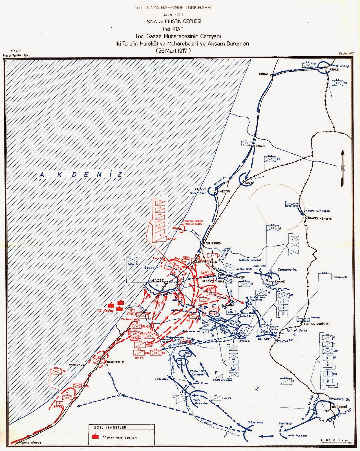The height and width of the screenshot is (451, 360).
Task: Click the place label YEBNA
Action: pyautogui.click(x=263, y=74)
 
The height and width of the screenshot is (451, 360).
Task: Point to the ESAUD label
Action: pyautogui.click(x=261, y=146)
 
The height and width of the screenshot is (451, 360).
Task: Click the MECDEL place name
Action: pyautogui.click(x=225, y=191)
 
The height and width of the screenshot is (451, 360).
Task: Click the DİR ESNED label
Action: pyautogui.click(x=213, y=243)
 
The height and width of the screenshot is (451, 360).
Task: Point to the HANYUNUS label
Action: pyautogui.click(x=76, y=365)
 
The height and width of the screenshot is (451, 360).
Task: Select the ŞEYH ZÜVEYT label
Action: pyautogui.click(x=31, y=443)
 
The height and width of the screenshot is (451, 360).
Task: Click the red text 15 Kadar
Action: pyautogui.click(x=105, y=311)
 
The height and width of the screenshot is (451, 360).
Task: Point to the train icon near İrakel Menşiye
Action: pyautogui.click(x=291, y=204)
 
